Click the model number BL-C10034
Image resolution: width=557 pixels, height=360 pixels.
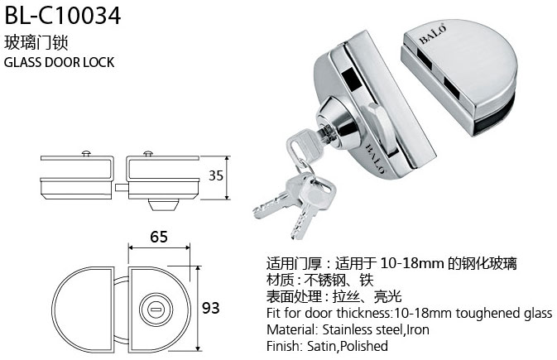pyautogui.click(x=63, y=16)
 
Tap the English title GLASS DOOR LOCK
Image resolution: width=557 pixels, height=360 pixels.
pyautogui.click(x=59, y=62)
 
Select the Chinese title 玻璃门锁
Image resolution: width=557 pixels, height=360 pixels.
pyautogui.click(x=36, y=43)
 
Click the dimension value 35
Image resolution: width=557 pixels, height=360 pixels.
pyautogui.click(x=216, y=175)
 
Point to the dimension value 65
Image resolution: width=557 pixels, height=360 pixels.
pyautogui.click(x=159, y=237)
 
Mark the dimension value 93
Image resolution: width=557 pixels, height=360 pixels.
pyautogui.click(x=211, y=308)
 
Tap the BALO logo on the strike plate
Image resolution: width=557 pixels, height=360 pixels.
pyautogui.click(x=433, y=35)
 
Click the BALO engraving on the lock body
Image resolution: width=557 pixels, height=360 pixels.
pyautogui.click(x=375, y=159)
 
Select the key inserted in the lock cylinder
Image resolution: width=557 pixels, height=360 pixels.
pyautogui.click(x=306, y=145)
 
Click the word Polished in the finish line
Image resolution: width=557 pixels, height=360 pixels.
pyautogui.click(x=364, y=346)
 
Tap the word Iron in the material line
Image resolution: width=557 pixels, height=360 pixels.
pyautogui.click(x=418, y=329)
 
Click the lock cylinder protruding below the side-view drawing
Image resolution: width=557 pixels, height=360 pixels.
pyautogui.click(x=163, y=204)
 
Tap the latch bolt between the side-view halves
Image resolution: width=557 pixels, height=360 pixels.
pyautogui.click(x=122, y=187)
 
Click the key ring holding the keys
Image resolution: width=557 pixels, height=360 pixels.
pyautogui.click(x=305, y=169)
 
